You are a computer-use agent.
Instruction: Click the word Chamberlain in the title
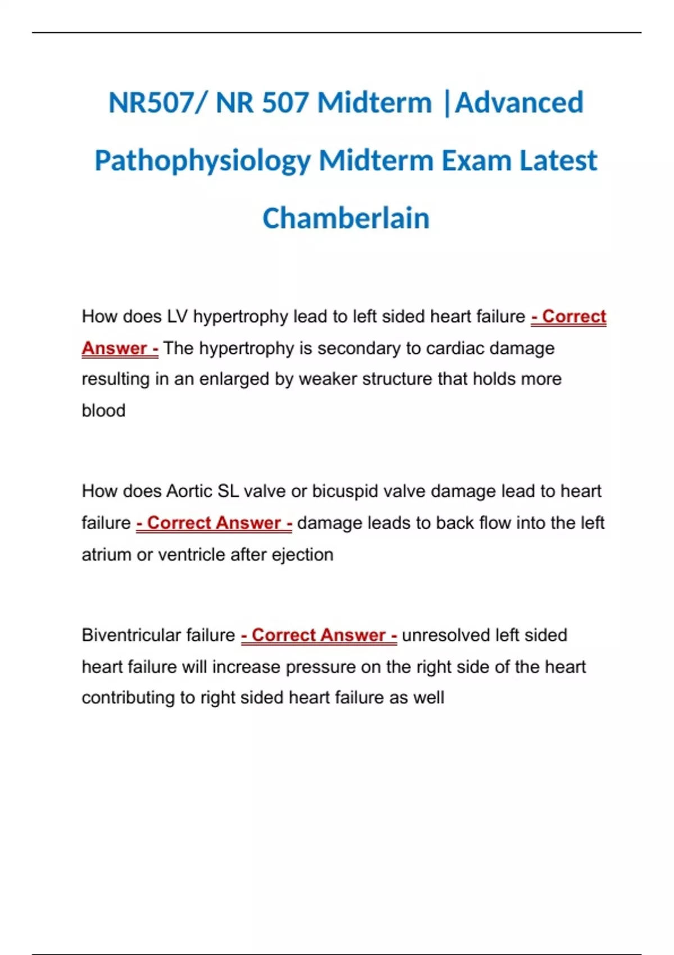click(x=345, y=218)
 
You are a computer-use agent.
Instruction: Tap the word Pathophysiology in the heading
click(x=202, y=161)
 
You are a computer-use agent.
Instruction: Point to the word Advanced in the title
click(x=519, y=103)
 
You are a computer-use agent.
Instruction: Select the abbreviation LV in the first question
click(x=177, y=317)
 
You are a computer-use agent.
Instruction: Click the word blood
click(x=103, y=411)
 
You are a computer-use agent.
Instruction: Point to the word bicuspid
click(x=345, y=492)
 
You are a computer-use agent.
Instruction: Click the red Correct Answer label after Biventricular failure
click(x=319, y=635)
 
